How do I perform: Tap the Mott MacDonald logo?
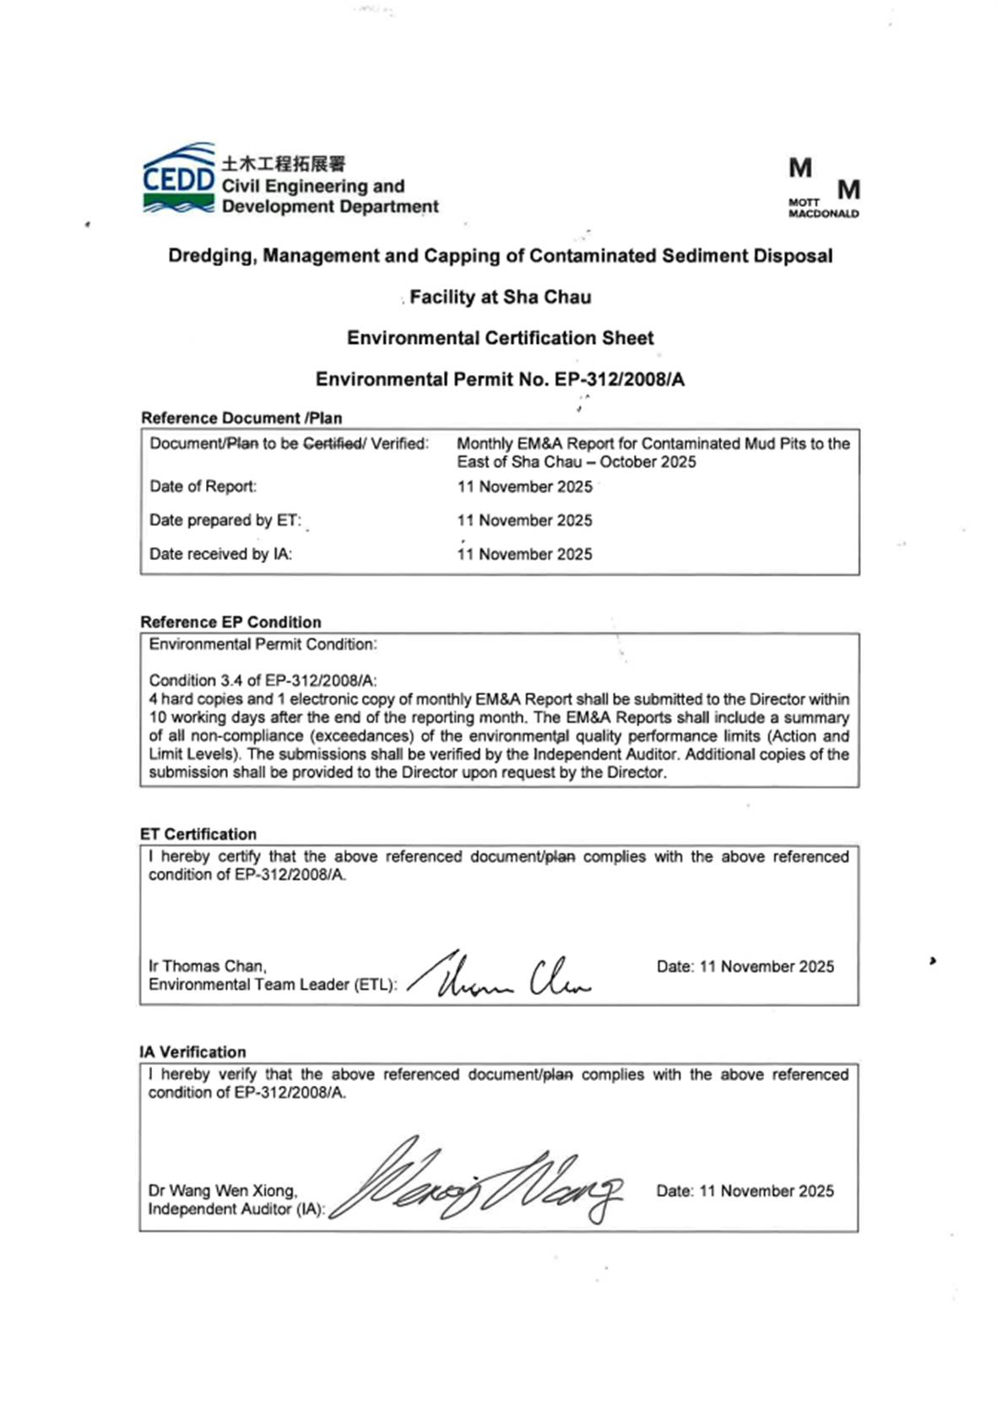pos(823,187)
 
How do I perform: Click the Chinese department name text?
pos(284,163)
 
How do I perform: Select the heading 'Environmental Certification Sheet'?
pos(500,338)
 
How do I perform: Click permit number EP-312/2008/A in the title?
pos(619,379)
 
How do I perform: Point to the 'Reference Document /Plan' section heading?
pos(241,418)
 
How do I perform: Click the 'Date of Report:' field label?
pos(203,486)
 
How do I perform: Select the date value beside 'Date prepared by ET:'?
pos(524,520)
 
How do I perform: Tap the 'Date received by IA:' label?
pos(220,554)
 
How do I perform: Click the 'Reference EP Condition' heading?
pos(230,622)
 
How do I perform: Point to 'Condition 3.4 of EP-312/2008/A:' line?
pos(263,680)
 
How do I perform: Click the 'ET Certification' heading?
pos(198,834)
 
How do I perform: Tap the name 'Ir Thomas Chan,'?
pos(208,965)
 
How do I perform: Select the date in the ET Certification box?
pos(767,966)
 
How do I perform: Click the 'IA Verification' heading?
pos(192,1051)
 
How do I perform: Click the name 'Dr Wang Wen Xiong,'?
pos(223,1190)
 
